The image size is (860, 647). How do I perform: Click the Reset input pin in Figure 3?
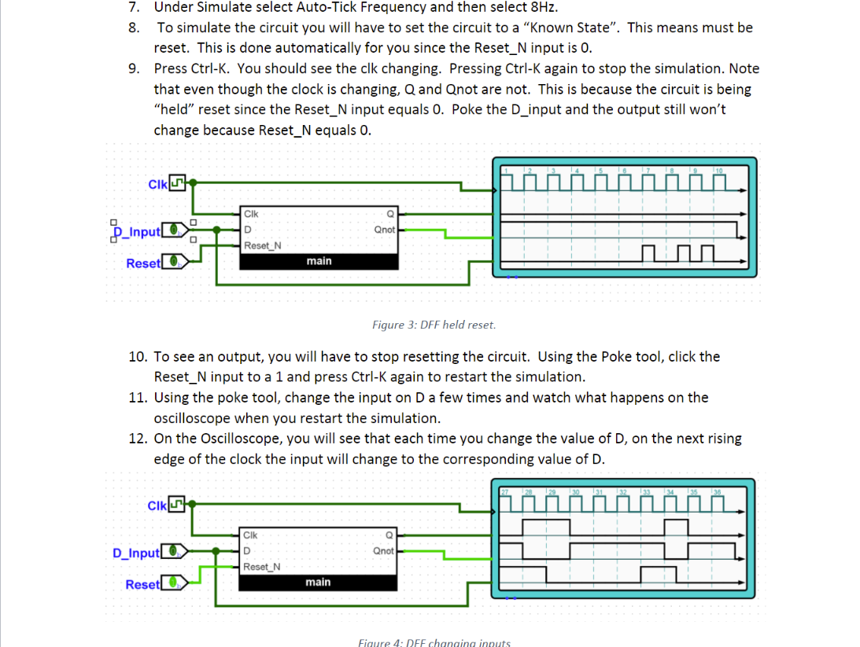pyautogui.click(x=177, y=262)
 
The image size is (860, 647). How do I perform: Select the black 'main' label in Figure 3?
pyautogui.click(x=319, y=261)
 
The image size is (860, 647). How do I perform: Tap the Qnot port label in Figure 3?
pyautogui.click(x=384, y=230)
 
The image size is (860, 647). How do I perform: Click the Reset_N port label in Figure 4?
pyautogui.click(x=262, y=567)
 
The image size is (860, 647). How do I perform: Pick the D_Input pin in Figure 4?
pyautogui.click(x=175, y=552)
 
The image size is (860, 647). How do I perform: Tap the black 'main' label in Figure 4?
pyautogui.click(x=318, y=583)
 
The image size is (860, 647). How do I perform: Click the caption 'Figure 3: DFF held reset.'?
pyautogui.click(x=434, y=325)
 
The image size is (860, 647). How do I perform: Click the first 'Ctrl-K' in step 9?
pyautogui.click(x=209, y=68)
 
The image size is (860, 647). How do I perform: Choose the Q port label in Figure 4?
pyautogui.click(x=390, y=535)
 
